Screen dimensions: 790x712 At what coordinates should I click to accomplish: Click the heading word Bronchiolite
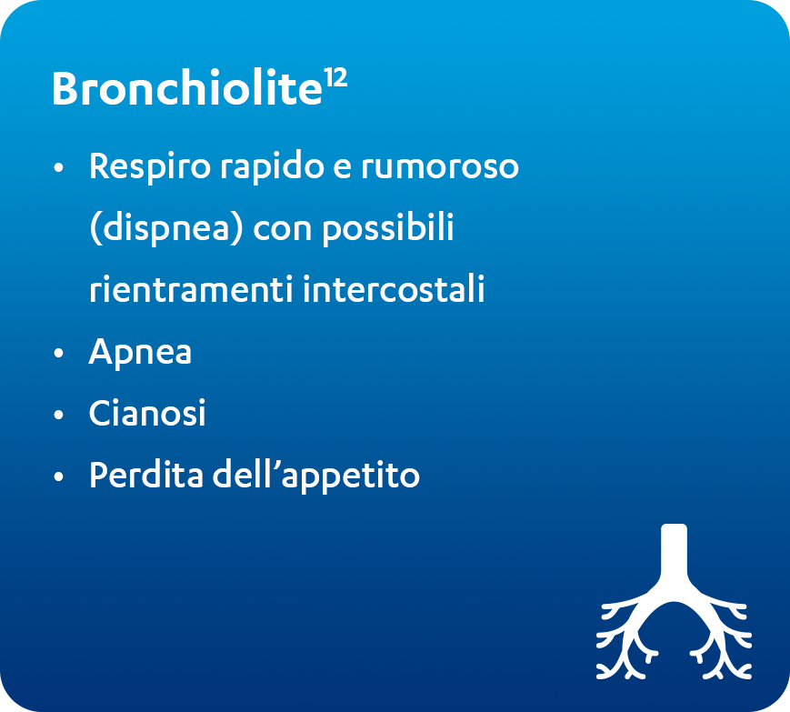(187, 88)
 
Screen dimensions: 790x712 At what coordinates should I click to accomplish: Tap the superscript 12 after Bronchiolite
(335, 78)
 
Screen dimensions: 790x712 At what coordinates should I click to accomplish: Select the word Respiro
(150, 166)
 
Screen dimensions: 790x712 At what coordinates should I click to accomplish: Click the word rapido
(272, 166)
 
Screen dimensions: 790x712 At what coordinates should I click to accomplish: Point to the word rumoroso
(440, 166)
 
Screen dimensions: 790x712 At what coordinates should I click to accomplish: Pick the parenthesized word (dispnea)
(166, 228)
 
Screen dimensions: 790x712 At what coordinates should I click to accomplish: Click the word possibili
(388, 228)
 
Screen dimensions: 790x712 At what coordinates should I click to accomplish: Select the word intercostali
(394, 289)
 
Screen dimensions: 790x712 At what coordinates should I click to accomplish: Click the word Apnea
(140, 352)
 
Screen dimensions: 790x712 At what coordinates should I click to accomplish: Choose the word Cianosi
(147, 413)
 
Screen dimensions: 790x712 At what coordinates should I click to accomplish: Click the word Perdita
(146, 475)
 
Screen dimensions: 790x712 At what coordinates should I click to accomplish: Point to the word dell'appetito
(315, 476)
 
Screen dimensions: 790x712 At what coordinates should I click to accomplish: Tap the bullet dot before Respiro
(59, 167)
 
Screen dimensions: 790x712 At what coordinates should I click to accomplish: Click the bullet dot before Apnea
(59, 353)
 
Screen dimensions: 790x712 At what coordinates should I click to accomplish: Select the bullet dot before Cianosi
(59, 415)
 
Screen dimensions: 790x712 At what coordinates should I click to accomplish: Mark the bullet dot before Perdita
(59, 476)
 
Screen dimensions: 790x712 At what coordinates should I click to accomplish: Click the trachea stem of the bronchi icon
(675, 552)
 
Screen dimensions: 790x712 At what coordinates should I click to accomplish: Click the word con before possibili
(283, 229)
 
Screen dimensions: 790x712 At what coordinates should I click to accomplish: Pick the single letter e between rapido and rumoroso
(342, 168)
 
